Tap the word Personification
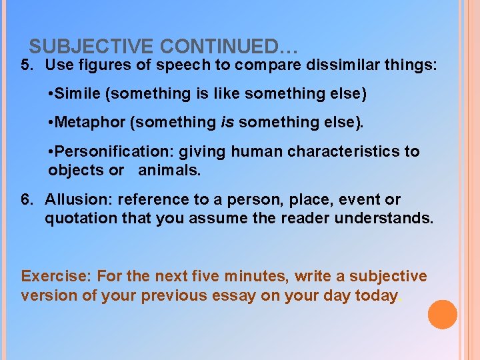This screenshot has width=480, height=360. click(x=104, y=151)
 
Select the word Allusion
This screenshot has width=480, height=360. click(x=74, y=199)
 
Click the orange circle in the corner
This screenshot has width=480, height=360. click(x=443, y=315)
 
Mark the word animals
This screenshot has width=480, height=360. click(x=169, y=170)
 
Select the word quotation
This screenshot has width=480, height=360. click(x=76, y=218)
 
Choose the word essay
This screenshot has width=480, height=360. click(x=234, y=295)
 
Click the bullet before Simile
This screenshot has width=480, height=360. click(x=51, y=94)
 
